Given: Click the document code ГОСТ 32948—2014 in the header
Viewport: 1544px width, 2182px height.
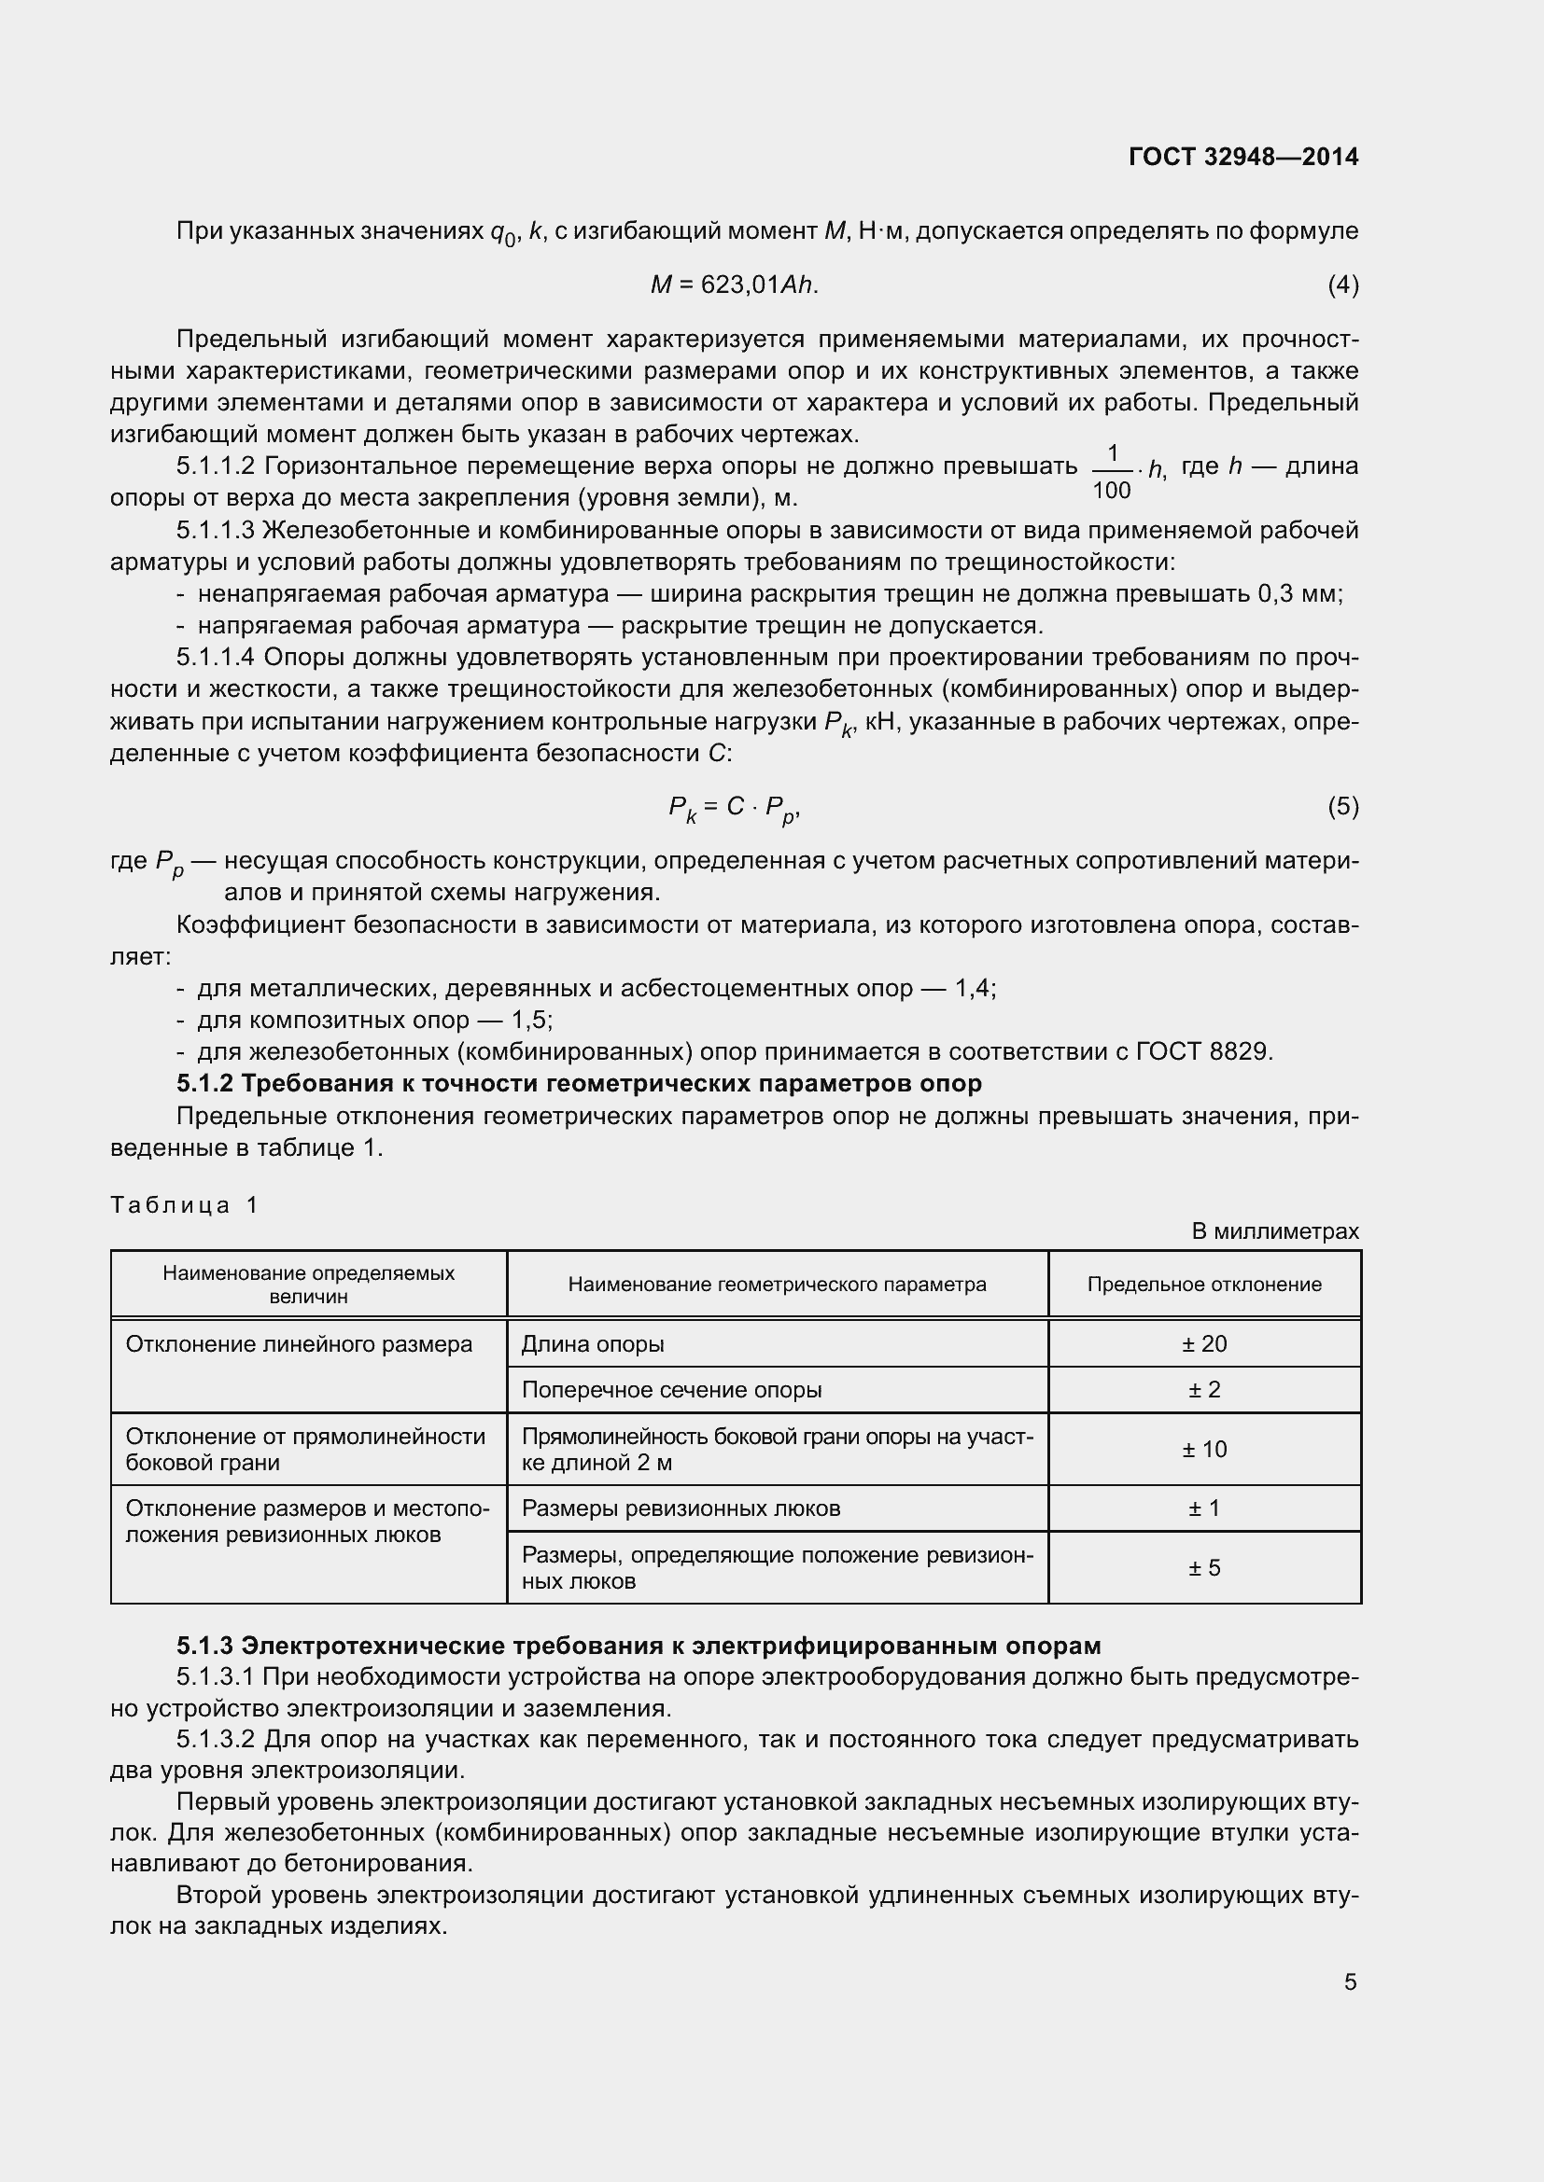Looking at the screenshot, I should coord(1243,157).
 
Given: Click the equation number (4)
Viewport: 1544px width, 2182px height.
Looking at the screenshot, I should coord(1342,285).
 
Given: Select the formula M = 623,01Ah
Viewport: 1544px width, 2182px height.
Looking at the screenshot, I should coord(734,285).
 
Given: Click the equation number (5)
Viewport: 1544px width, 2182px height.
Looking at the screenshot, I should coord(1342,807).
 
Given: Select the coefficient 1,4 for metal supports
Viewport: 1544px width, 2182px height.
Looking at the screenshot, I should coord(974,988).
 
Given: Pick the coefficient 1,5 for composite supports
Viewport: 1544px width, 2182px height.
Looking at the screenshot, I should coord(530,1020).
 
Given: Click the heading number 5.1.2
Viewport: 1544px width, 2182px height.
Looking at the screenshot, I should coord(205,1083).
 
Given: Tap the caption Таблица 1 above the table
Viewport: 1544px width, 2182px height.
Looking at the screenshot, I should coord(184,1205).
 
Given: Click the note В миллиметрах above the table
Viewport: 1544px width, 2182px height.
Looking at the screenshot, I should coord(1275,1231).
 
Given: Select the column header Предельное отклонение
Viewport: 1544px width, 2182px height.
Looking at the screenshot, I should coord(1203,1285).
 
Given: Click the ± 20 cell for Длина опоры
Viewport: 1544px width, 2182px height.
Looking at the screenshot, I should coord(1203,1343).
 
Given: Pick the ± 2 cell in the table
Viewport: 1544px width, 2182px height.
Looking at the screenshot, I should coord(1203,1390).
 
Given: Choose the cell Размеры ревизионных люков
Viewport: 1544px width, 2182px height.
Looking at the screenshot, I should coord(681,1508).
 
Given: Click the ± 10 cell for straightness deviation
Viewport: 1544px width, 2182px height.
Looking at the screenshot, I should coord(1203,1450).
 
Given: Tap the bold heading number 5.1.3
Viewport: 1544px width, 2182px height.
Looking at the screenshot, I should coord(205,1646).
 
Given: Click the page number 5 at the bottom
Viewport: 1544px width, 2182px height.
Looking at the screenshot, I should coord(1350,1982).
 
